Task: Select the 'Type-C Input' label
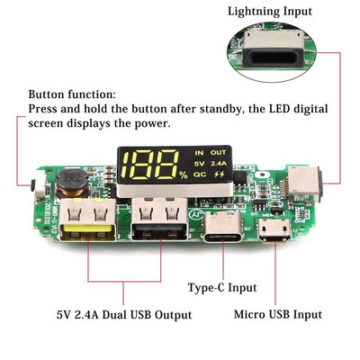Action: pos(221,287)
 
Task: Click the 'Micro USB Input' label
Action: pos(277,314)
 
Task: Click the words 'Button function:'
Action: pos(71,94)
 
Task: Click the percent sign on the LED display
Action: pos(183,175)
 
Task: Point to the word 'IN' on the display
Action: pos(199,152)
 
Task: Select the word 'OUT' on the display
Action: pos(220,152)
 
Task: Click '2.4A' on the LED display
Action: pos(220,163)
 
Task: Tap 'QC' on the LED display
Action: pos(199,175)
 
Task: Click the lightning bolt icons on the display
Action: pos(220,175)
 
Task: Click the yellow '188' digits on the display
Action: pos(150,164)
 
